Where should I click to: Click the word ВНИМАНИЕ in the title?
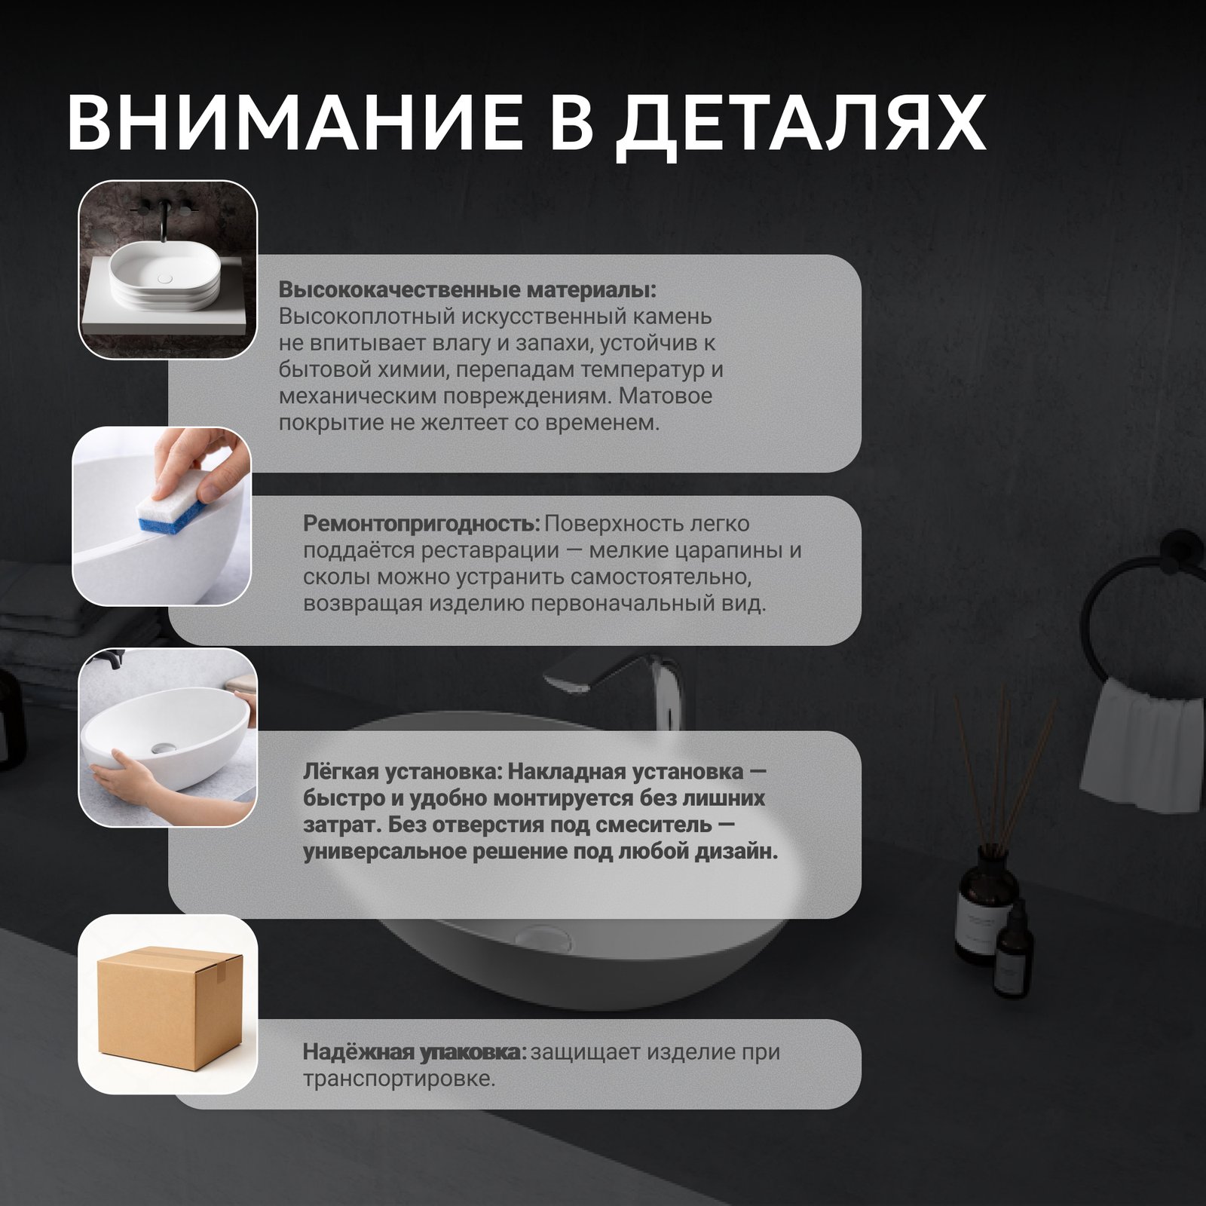click(x=305, y=123)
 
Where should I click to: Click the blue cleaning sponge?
click(x=171, y=510)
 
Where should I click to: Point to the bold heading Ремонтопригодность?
click(x=421, y=523)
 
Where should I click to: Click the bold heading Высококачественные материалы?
click(x=467, y=290)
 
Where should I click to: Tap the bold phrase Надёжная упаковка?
click(x=415, y=1051)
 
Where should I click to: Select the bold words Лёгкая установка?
click(x=403, y=772)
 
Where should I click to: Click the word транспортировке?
click(x=399, y=1079)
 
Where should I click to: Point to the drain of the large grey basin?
click(x=541, y=936)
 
